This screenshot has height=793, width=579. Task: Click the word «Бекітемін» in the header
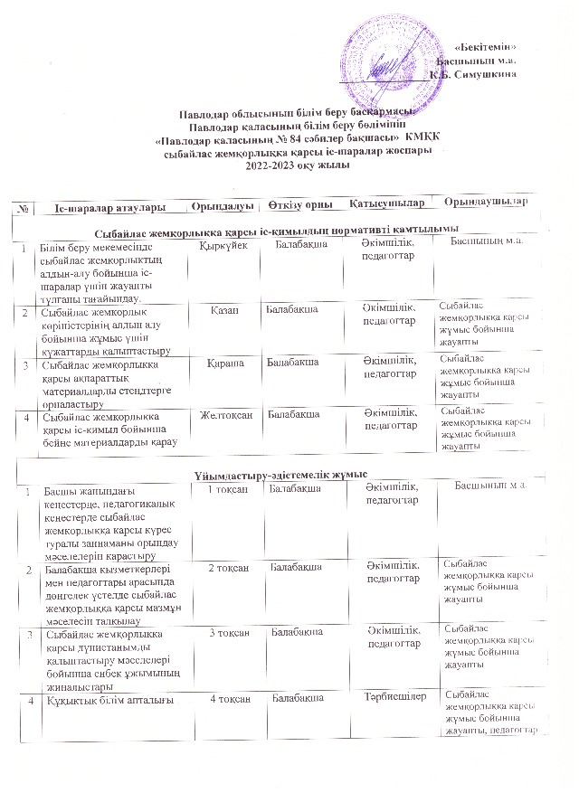coord(487,47)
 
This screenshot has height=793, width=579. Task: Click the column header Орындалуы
coord(217,207)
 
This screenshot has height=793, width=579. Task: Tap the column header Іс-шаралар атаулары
coord(109,209)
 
